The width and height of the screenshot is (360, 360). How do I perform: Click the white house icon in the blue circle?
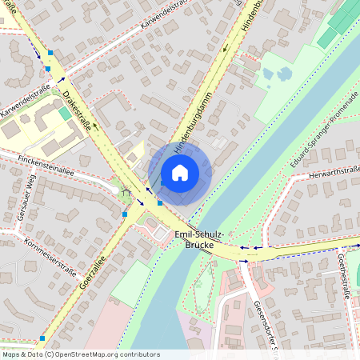click(180, 172)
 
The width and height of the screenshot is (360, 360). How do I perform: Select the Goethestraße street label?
click(345, 276)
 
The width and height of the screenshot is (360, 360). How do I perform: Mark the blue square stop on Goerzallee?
click(125, 214)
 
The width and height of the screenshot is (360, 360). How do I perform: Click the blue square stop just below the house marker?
click(159, 202)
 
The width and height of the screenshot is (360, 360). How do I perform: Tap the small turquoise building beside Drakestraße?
click(64, 114)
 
